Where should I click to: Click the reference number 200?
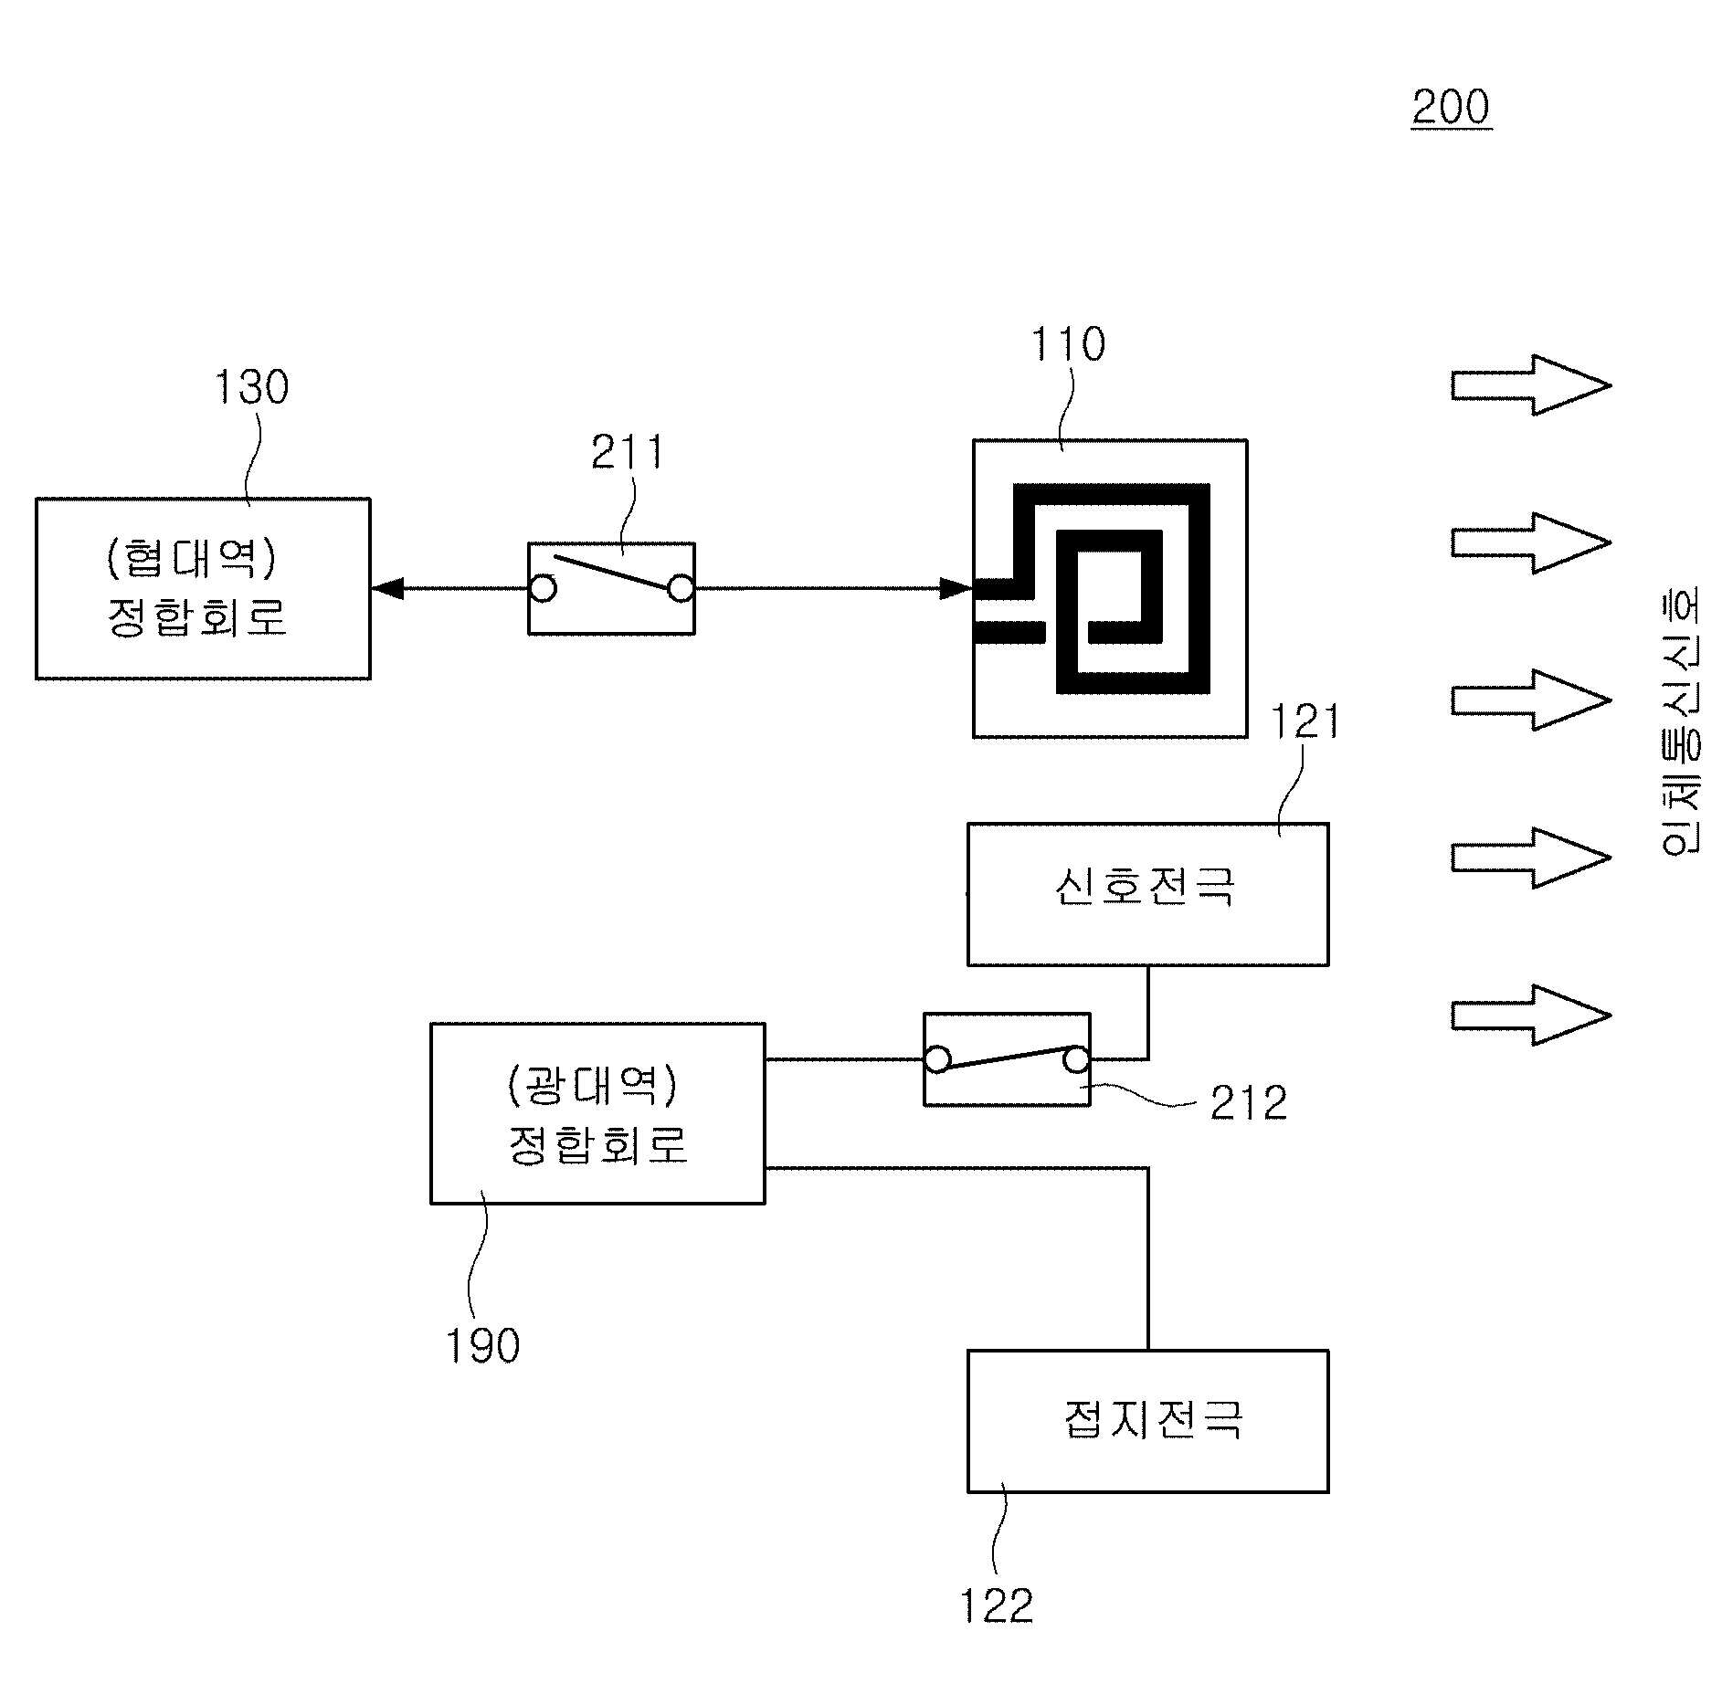(x=1451, y=108)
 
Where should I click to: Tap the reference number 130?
(x=251, y=387)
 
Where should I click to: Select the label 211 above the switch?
(x=628, y=452)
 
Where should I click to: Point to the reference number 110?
(x=1068, y=345)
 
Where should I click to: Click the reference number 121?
(x=1306, y=721)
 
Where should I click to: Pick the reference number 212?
(x=1249, y=1103)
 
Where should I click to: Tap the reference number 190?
(x=482, y=1345)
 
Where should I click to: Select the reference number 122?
(x=997, y=1605)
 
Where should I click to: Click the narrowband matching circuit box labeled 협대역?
(x=203, y=588)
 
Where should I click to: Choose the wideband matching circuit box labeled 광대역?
(x=597, y=1113)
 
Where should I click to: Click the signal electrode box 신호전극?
(x=1148, y=894)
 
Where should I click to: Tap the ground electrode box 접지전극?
(x=1148, y=1421)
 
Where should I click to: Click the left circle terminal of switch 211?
(x=543, y=588)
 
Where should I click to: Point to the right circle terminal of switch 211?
(x=681, y=589)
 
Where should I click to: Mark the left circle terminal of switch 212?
(x=937, y=1059)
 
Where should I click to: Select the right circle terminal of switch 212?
(x=1077, y=1059)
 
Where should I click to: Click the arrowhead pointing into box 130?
(x=387, y=588)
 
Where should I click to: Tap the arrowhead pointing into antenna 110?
(x=956, y=588)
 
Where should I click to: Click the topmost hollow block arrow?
(x=1530, y=384)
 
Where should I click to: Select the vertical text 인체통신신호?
(x=1679, y=720)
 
